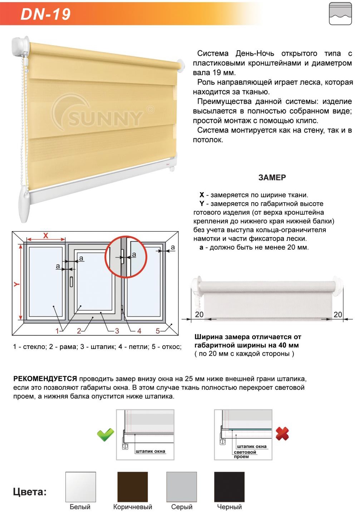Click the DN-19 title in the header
point(45,14)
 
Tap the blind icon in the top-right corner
point(340,14)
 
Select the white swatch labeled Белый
point(80,487)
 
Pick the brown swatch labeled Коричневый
point(133,487)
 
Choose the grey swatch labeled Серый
point(182,487)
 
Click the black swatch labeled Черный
point(229,487)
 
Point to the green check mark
point(105,434)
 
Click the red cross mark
point(282,434)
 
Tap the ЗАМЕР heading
point(272,178)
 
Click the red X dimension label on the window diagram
point(46,236)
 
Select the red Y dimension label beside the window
point(16,284)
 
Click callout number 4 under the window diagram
point(139,331)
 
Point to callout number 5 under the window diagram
point(158,331)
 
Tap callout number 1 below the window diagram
point(57,331)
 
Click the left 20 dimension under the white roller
point(199,314)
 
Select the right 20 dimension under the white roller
point(337,315)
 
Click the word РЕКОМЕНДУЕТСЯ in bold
point(45,379)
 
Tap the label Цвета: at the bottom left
point(30,492)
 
